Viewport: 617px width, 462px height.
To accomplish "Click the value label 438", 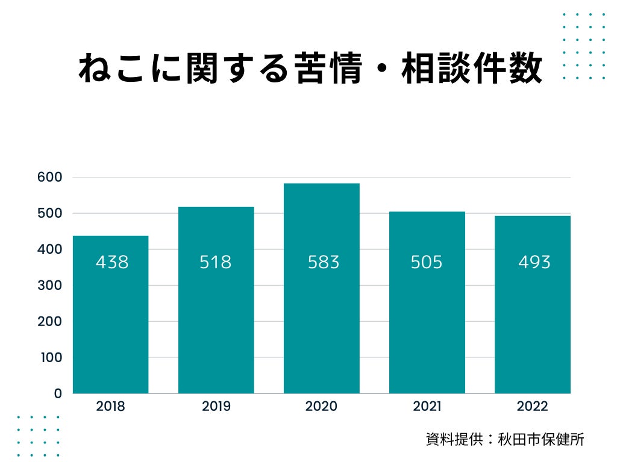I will coord(112,262).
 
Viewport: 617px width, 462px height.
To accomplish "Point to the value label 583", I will coord(324,262).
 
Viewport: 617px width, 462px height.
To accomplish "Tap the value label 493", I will coord(534,262).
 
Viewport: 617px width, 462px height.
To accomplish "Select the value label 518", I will coord(216,262).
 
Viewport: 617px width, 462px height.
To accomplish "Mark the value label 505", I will coord(427,262).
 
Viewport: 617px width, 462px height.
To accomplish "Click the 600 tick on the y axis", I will coord(49,177).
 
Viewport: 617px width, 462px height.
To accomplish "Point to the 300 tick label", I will coord(49,285).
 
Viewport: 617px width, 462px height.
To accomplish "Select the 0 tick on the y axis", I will coord(58,393).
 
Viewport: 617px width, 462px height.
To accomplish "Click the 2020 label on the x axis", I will coord(321,407).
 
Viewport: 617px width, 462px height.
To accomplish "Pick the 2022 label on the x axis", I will coord(533,407).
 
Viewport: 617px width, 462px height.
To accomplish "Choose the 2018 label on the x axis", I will coord(110,407).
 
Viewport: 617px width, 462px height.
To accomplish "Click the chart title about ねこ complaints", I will coord(310,69).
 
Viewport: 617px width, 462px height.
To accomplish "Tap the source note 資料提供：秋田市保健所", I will coord(505,439).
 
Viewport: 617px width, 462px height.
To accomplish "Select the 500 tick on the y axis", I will coord(49,213).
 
